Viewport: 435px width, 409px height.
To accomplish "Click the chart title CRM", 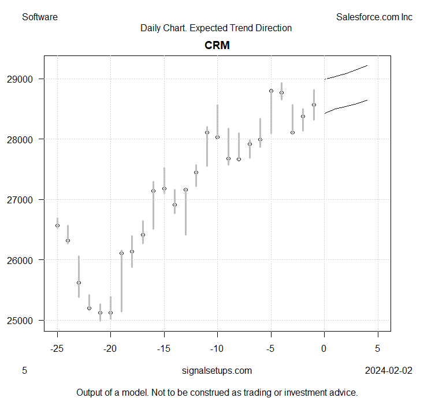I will (x=217, y=45).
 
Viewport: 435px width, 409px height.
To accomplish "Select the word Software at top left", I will (x=40, y=17).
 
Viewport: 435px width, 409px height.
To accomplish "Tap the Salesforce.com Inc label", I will (x=374, y=17).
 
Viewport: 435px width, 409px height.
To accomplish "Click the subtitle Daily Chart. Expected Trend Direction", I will (x=216, y=28).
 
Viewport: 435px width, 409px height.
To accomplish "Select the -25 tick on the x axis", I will (x=57, y=348).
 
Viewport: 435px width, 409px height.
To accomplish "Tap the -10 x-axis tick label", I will (x=217, y=348).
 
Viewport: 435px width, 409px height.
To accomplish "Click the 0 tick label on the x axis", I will (x=324, y=348).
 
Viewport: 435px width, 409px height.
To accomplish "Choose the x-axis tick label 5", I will (x=378, y=348).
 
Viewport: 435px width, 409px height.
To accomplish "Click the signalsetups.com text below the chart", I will (x=217, y=370).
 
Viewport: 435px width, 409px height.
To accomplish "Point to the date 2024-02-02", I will (x=388, y=370).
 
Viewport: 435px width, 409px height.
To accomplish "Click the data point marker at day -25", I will (x=57, y=225).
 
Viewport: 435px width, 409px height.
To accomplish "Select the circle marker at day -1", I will (x=314, y=105).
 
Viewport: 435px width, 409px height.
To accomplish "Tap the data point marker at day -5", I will (x=271, y=91).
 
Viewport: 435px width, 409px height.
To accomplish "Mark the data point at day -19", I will (x=121, y=253).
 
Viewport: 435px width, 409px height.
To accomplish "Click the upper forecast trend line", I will (x=346, y=73).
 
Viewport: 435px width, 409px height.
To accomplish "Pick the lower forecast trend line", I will (x=346, y=106).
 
